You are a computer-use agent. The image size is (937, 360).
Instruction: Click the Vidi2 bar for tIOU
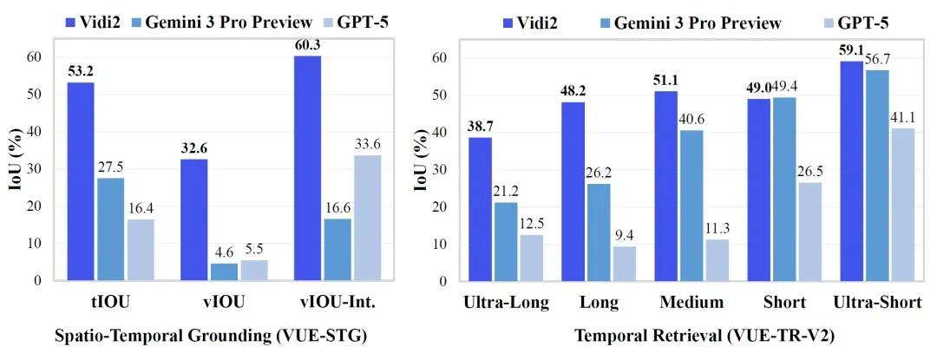[x=81, y=181]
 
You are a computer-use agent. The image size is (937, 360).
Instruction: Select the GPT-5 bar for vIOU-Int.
[x=367, y=218]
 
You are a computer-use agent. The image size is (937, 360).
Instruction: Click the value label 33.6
[x=367, y=144]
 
